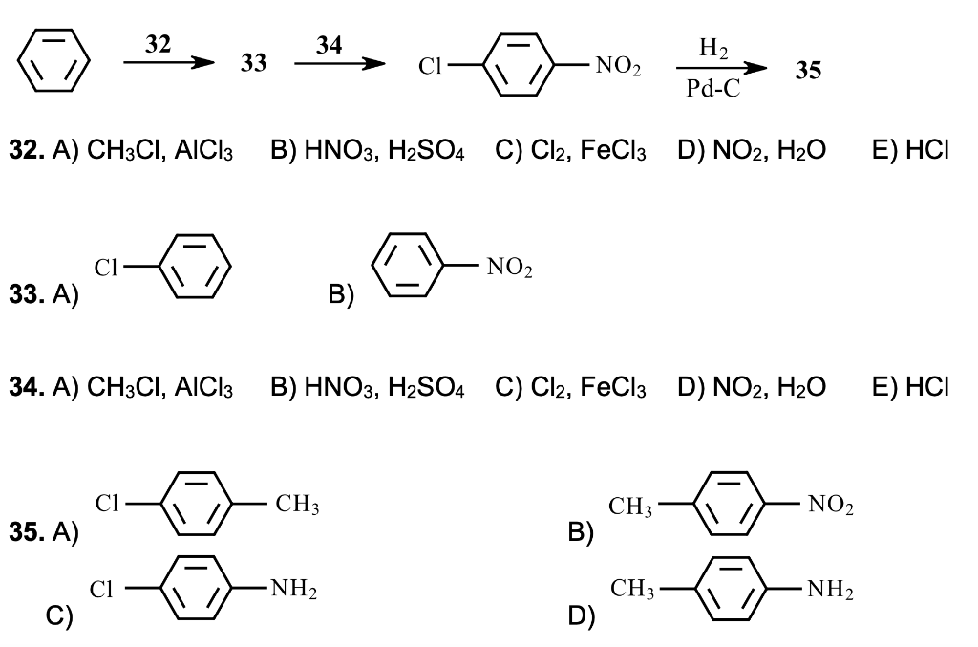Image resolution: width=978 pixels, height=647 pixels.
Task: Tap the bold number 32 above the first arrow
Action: pyautogui.click(x=160, y=43)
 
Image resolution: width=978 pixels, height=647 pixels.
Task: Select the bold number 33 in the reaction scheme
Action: pyautogui.click(x=252, y=64)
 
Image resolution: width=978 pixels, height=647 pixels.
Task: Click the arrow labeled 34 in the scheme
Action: pyautogui.click(x=339, y=64)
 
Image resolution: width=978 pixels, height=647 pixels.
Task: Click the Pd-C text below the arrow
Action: pyautogui.click(x=712, y=88)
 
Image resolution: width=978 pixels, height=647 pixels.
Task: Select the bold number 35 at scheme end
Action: pyautogui.click(x=808, y=70)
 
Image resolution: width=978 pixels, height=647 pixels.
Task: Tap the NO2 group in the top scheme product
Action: pyautogui.click(x=617, y=66)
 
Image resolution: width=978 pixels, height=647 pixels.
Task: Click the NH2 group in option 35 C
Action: pyautogui.click(x=293, y=590)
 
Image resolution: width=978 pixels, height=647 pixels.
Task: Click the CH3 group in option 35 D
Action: pyautogui.click(x=631, y=590)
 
